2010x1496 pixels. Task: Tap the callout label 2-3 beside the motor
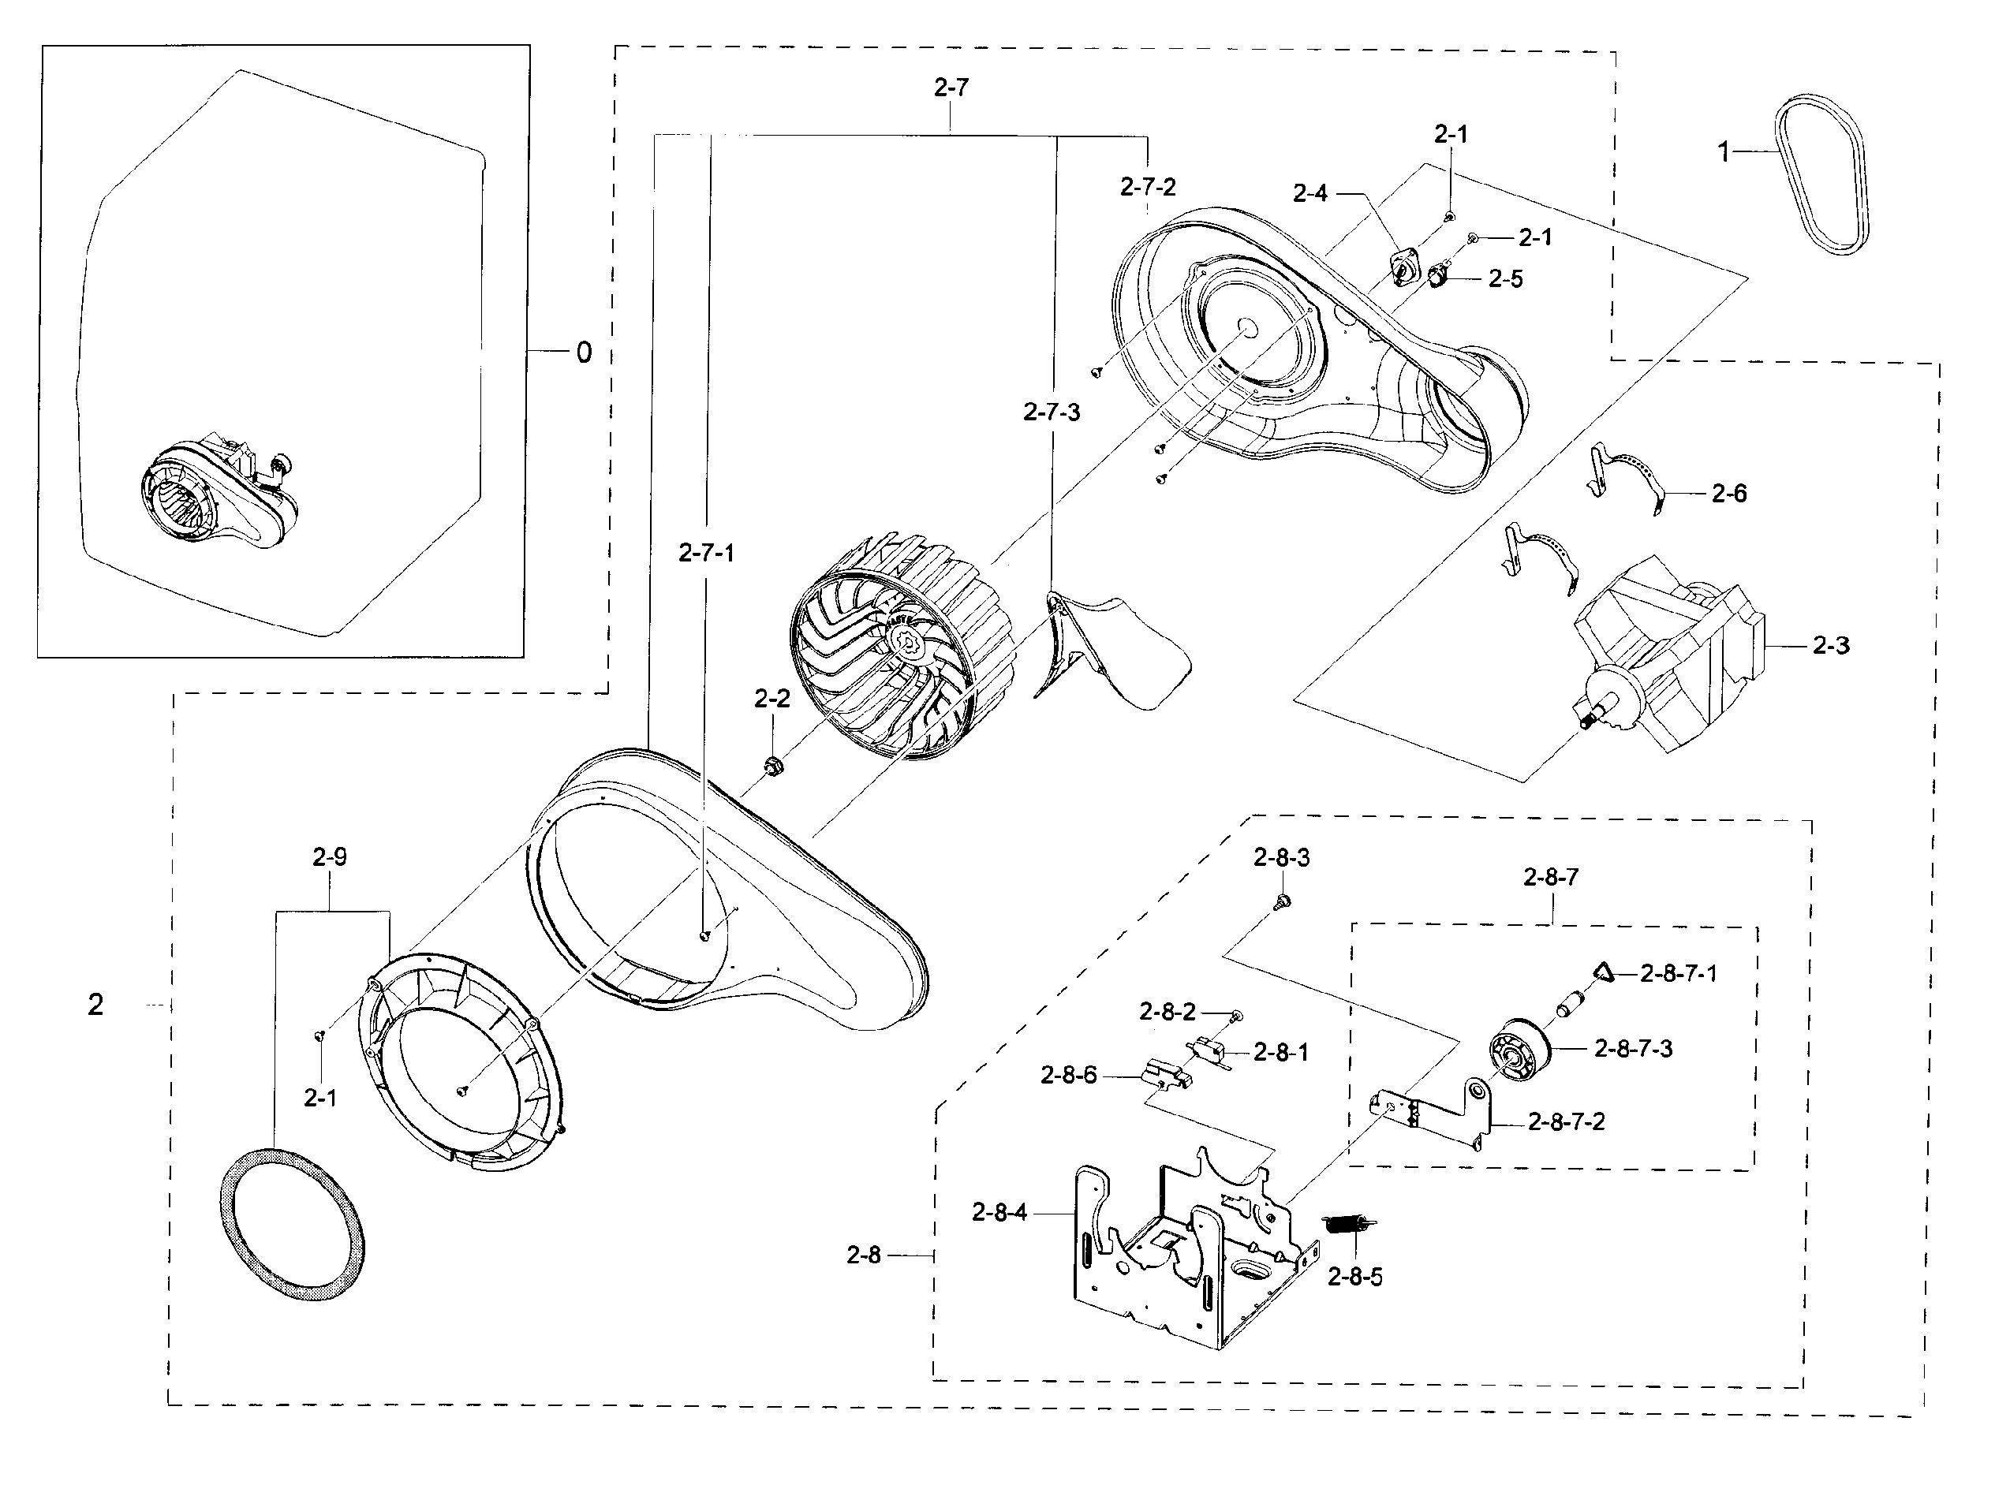[1831, 646]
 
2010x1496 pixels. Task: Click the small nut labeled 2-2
[772, 765]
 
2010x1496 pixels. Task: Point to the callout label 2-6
[1728, 494]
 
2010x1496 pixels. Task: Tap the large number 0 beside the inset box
[585, 353]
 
